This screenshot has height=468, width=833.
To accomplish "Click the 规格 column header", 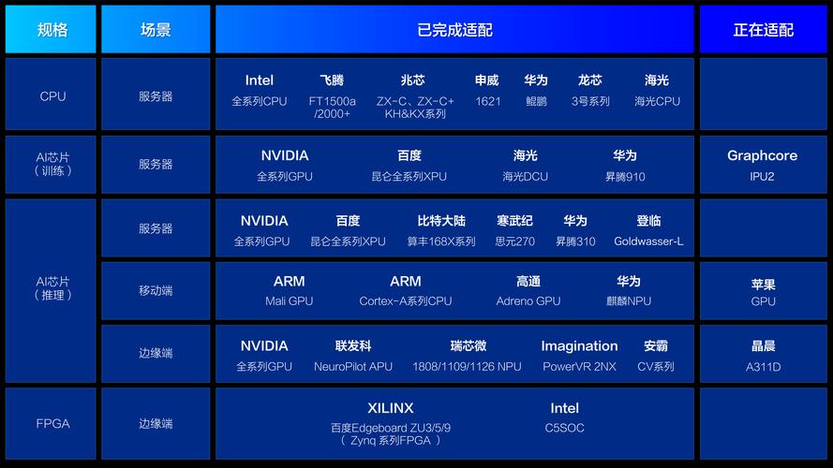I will tap(52, 30).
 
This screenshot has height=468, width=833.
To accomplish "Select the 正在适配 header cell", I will tap(763, 30).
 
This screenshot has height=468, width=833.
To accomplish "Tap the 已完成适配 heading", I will tap(454, 30).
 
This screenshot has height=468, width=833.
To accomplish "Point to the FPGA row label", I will tap(52, 423).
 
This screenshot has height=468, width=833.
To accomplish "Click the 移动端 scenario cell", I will tap(156, 291).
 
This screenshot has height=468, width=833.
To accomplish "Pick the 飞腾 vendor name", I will tap(332, 80).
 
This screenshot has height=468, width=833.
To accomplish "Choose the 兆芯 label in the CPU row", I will tap(412, 80).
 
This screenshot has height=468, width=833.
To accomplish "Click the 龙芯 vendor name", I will tap(590, 80).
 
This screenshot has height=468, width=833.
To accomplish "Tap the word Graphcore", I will tap(762, 155).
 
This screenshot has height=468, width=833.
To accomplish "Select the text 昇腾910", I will tap(625, 177).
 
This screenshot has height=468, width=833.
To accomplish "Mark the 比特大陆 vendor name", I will tap(441, 221).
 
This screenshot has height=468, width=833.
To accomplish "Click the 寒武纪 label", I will tap(514, 221).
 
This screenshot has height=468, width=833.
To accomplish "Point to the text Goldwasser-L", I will tap(648, 241).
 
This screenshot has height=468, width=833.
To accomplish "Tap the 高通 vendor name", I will tap(528, 281).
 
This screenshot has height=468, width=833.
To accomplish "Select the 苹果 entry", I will tap(763, 285).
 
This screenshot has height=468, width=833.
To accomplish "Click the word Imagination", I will tap(579, 346).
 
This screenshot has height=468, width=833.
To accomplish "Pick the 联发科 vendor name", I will tap(353, 346).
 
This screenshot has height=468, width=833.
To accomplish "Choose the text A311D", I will tap(763, 367).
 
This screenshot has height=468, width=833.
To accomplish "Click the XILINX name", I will tap(390, 408).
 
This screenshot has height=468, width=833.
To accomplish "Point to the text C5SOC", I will tap(564, 428).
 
